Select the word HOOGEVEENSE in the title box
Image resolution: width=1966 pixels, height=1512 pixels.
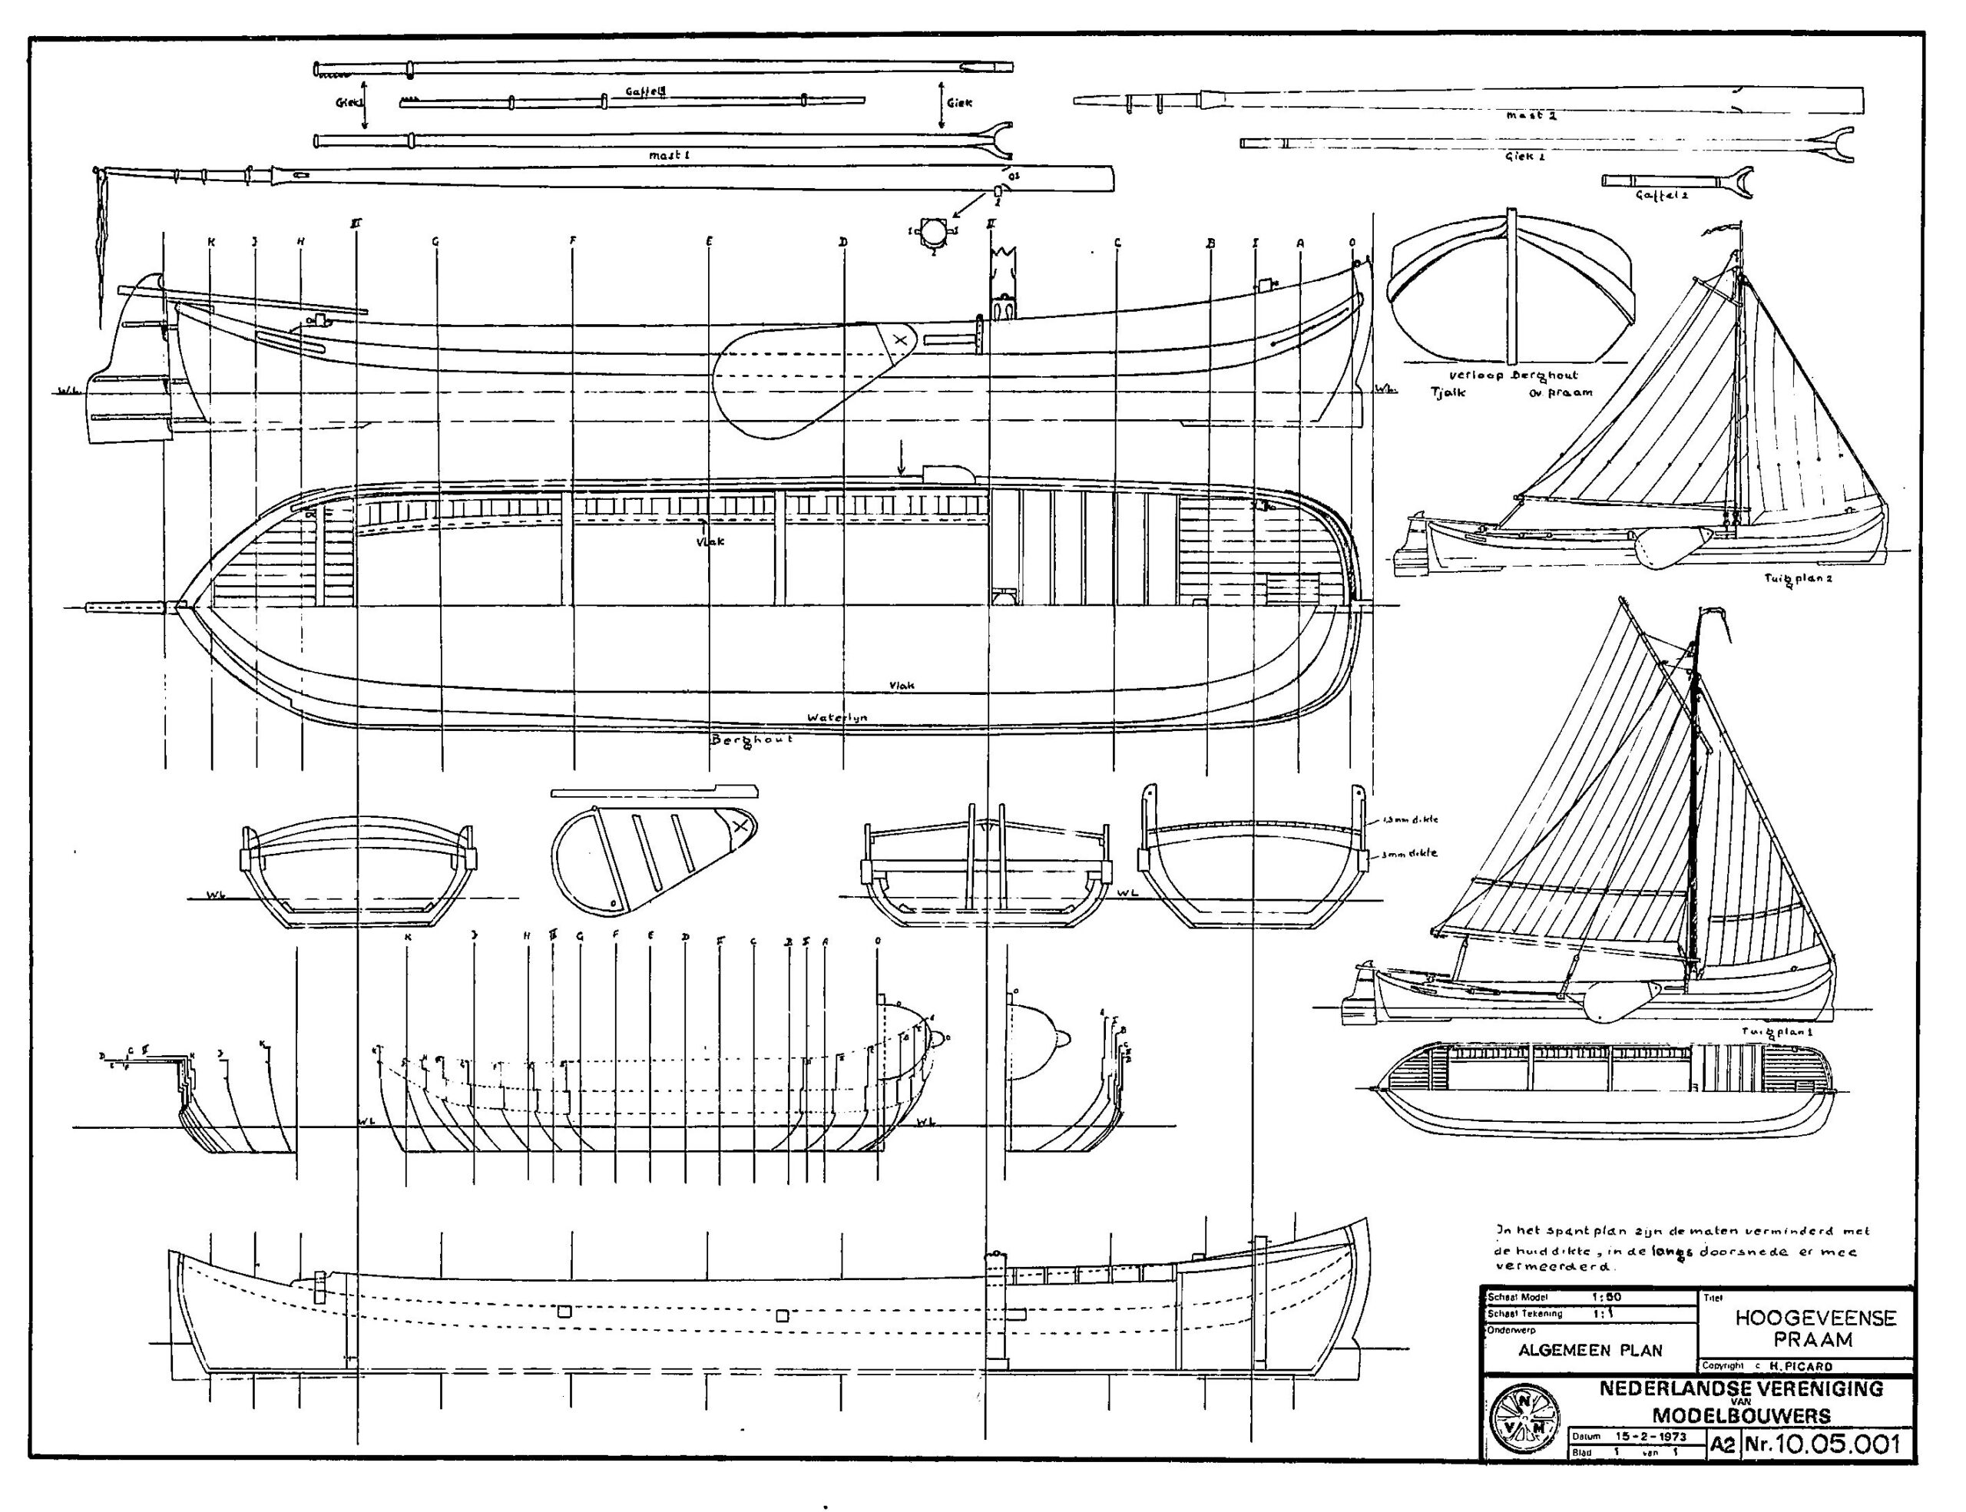[1815, 1318]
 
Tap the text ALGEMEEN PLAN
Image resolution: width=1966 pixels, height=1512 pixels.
[1590, 1351]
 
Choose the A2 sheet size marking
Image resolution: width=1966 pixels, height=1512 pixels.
[1722, 1445]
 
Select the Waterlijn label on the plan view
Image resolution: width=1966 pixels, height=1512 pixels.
[837, 717]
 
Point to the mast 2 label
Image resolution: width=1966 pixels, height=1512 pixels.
[1531, 116]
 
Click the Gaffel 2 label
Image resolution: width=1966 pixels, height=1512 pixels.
[1661, 194]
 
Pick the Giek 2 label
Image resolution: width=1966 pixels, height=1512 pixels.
[1524, 157]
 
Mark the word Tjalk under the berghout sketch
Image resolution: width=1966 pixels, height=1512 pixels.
[1448, 392]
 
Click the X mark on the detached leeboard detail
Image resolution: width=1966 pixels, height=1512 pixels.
[740, 825]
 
